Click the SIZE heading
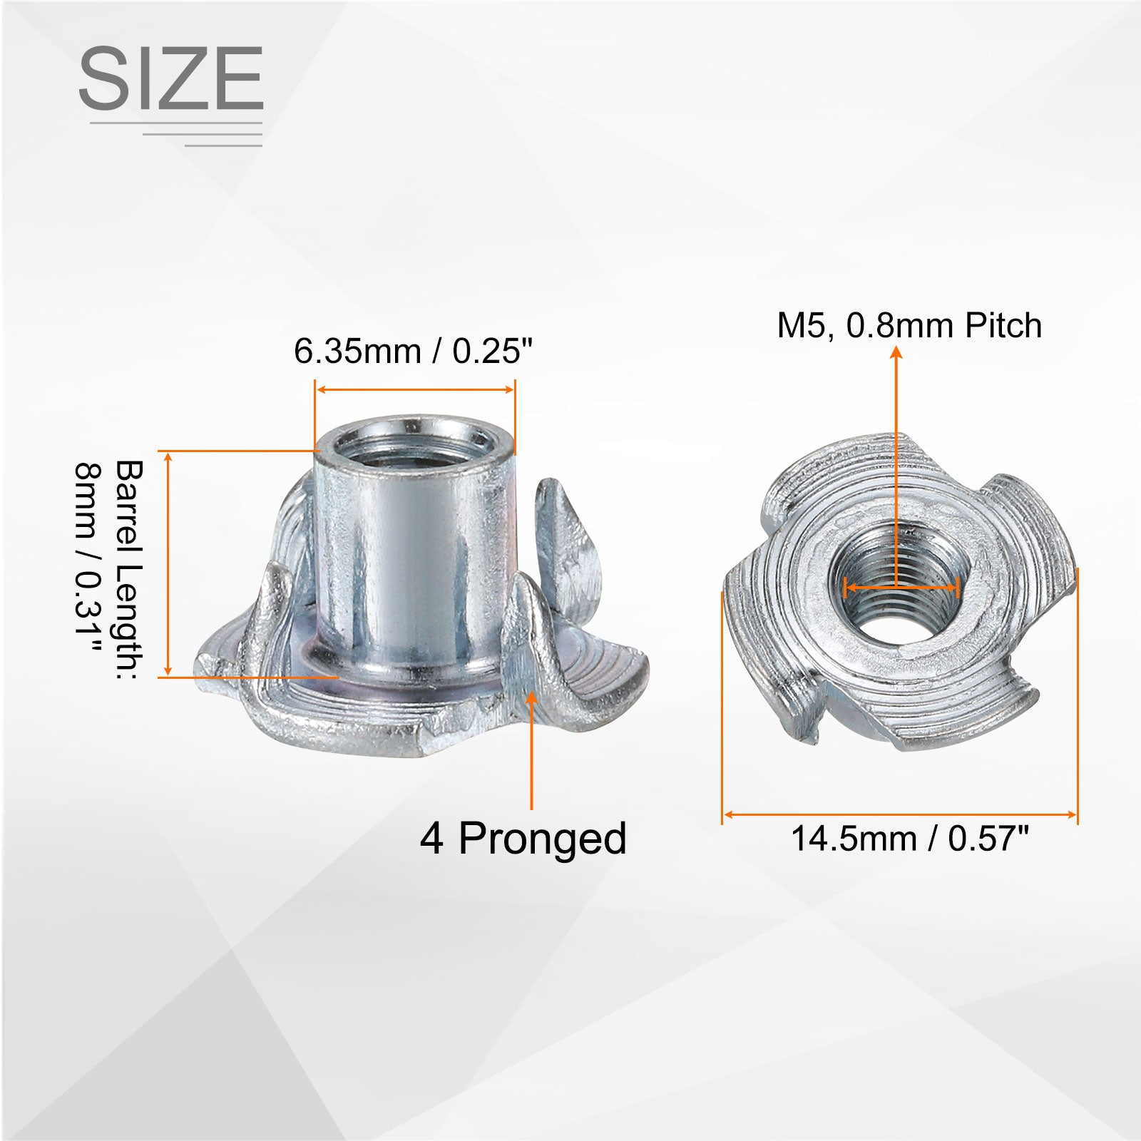170,78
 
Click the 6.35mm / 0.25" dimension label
414,351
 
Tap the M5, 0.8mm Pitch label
909,326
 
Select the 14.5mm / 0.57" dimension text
911,839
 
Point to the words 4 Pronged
523,839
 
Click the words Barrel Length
130,570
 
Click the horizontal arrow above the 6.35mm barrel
415,389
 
